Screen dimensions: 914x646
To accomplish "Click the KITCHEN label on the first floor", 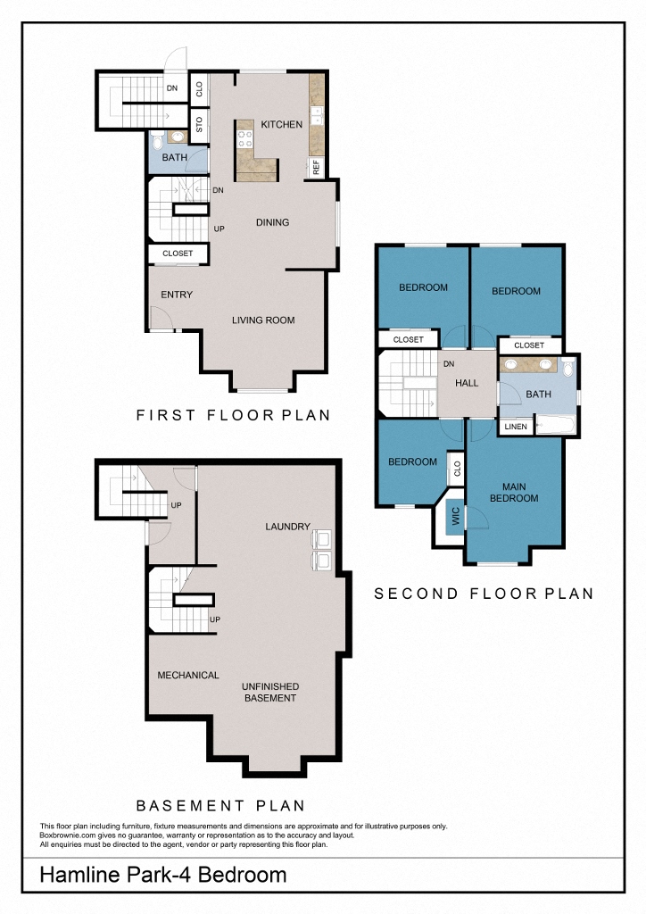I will coord(281,125).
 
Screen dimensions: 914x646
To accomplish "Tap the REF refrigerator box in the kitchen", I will coord(315,167).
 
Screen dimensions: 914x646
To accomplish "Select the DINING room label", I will coord(272,222).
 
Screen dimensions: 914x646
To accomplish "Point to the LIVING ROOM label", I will coord(263,320).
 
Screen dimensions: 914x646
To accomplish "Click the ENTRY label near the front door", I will coord(177,295).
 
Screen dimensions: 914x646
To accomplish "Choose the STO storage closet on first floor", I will coord(199,124).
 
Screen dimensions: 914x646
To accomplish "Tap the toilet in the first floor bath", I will coord(158,139).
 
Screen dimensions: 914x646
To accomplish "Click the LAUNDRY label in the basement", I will coord(287,527).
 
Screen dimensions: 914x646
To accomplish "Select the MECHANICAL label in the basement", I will coord(188,676).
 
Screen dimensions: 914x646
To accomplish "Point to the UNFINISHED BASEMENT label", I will coord(271,692).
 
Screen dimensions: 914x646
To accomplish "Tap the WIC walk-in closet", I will coord(454,518).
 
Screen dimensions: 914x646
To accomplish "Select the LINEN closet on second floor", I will coord(516,428).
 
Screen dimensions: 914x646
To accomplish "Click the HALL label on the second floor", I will coord(467,383).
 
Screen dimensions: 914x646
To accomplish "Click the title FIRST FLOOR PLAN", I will coord(233,415).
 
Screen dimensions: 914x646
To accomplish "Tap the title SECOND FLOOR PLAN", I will coord(483,594).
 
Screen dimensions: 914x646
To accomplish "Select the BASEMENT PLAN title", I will coord(219,805).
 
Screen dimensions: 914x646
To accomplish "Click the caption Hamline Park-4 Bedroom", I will coord(163,875).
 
